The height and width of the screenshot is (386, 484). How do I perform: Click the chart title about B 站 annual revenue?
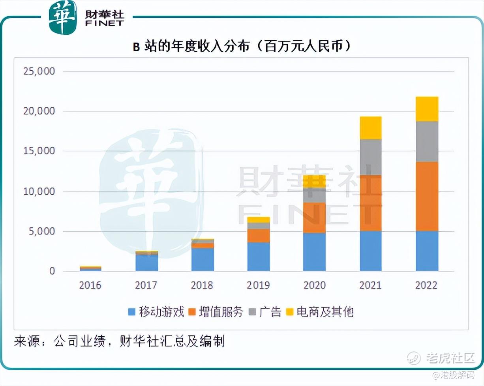click(x=241, y=47)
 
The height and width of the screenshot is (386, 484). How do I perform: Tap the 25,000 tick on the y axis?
click(x=39, y=72)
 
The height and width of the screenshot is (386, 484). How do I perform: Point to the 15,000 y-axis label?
click(x=39, y=152)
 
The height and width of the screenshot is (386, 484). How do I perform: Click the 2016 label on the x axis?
click(x=90, y=285)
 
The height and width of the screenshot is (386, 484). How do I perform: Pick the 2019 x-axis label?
click(x=258, y=285)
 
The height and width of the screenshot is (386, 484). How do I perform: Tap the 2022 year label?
click(x=426, y=285)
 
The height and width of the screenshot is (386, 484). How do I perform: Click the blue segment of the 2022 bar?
click(x=427, y=251)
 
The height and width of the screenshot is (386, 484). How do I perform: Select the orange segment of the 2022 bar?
click(x=427, y=196)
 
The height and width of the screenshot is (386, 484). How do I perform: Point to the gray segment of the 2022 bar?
click(x=427, y=141)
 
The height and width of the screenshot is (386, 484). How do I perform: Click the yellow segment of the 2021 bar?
click(x=371, y=128)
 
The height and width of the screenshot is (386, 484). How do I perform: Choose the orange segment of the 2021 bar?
click(x=371, y=203)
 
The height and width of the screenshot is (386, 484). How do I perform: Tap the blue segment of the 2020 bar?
click(x=315, y=252)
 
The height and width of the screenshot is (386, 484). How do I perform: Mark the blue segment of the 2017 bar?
click(x=147, y=263)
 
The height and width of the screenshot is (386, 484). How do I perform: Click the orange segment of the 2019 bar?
click(x=259, y=236)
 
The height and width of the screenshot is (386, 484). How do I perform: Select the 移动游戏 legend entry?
click(x=156, y=312)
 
